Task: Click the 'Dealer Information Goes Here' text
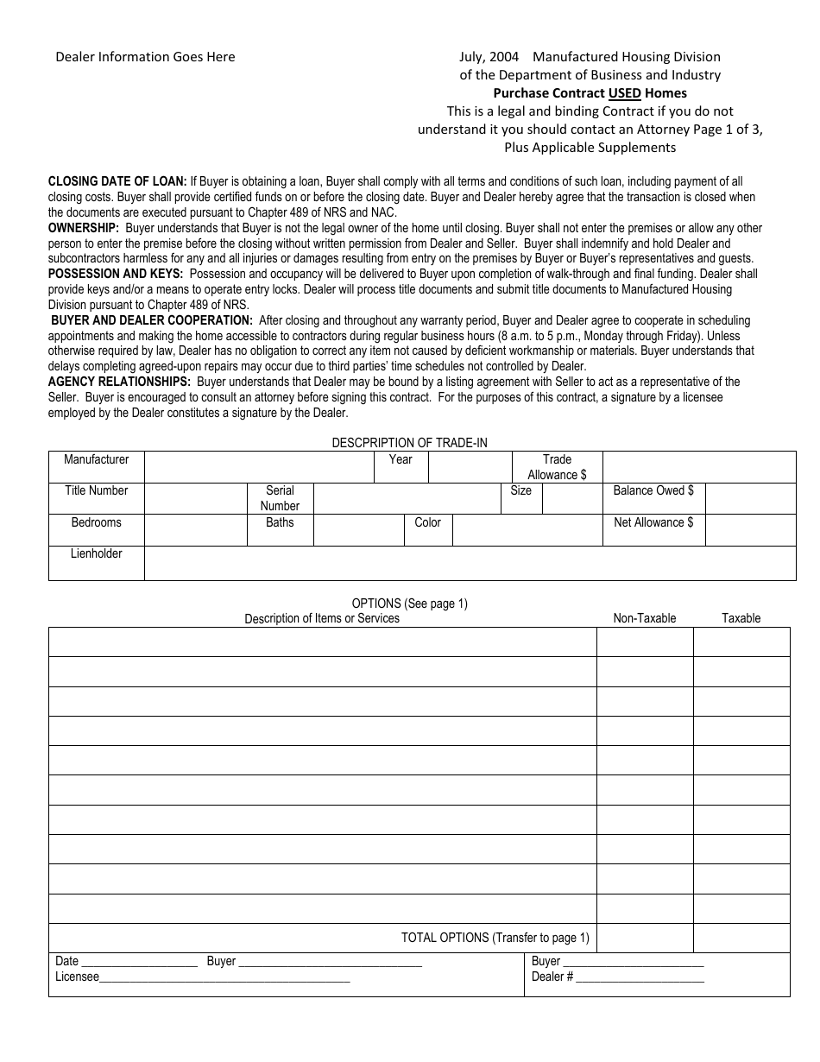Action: [x=145, y=57]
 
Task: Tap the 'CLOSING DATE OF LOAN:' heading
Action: [x=117, y=182]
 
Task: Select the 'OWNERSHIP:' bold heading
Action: [x=84, y=228]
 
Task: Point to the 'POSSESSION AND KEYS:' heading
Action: [x=116, y=274]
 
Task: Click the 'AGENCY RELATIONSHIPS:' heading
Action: [x=119, y=382]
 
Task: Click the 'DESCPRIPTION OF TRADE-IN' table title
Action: [x=409, y=443]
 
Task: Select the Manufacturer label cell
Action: [x=97, y=460]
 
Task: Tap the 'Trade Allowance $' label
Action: [x=557, y=467]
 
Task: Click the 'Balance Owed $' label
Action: [x=653, y=491]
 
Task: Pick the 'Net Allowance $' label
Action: [x=653, y=523]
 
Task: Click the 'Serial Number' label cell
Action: [x=280, y=498]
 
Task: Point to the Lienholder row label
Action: [x=97, y=554]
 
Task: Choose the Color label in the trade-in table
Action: [x=427, y=523]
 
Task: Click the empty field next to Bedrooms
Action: [x=196, y=529]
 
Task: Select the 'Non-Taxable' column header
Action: [x=645, y=618]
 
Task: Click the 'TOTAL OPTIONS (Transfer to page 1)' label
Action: [x=495, y=938]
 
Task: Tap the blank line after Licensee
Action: [x=224, y=978]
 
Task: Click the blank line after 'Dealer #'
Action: [x=640, y=978]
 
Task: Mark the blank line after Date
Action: [x=139, y=962]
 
